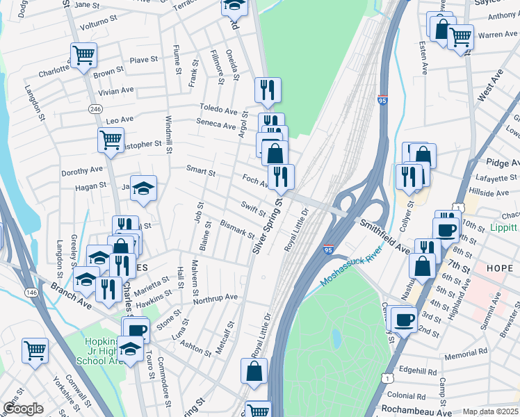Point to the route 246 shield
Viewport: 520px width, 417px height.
(95, 109)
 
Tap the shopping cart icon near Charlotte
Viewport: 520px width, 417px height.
(83, 55)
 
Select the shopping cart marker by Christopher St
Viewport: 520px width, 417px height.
(111, 139)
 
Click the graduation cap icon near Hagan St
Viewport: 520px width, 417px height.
(143, 188)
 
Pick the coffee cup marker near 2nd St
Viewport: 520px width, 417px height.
(403, 318)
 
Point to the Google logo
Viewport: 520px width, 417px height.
(22, 409)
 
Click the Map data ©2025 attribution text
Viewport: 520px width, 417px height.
(490, 411)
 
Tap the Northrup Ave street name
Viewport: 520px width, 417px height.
(215, 297)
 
